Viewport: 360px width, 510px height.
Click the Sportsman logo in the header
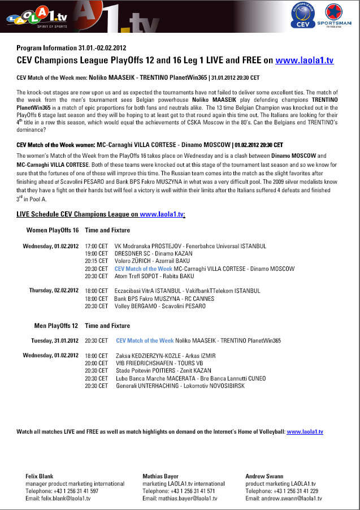pos(337,15)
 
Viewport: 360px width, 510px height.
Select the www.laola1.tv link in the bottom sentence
pos(305,431)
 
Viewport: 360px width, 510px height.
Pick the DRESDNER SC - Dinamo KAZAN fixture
pos(150,254)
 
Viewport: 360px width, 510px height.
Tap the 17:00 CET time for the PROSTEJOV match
pos(96,247)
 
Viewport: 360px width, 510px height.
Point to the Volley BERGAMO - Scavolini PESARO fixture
pos(160,306)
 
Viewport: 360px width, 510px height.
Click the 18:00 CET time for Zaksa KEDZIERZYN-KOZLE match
pos(96,356)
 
